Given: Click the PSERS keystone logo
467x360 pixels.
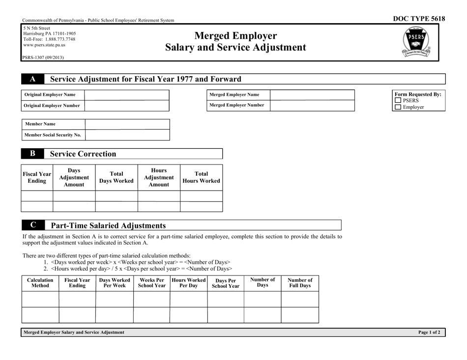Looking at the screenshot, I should point(415,43).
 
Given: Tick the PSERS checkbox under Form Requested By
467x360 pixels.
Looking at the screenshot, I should point(398,101).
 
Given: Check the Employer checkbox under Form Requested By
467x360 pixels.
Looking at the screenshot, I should point(398,107).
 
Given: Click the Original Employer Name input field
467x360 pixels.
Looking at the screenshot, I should point(127,95).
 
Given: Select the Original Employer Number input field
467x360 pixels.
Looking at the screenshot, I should point(127,106).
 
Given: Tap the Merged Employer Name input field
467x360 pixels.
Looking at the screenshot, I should point(312,95).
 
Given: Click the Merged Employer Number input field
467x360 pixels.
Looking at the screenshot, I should point(312,105).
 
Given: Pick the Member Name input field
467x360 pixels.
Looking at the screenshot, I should point(127,124).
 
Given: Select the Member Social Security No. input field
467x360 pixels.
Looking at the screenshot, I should point(127,135).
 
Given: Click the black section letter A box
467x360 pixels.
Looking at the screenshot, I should point(33,79).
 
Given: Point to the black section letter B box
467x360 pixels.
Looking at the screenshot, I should point(33,154).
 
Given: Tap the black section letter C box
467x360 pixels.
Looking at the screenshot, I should point(33,225).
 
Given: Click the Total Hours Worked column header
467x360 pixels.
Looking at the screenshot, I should point(201,177).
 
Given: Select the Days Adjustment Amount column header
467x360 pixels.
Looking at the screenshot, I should point(74,177).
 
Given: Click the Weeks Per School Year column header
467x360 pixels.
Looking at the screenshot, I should point(151,283).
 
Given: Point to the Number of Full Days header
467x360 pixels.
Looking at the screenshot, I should point(299,282).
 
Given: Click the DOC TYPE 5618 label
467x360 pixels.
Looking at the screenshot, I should point(419,19).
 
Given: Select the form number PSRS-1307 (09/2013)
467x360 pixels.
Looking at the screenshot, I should point(43,57).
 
